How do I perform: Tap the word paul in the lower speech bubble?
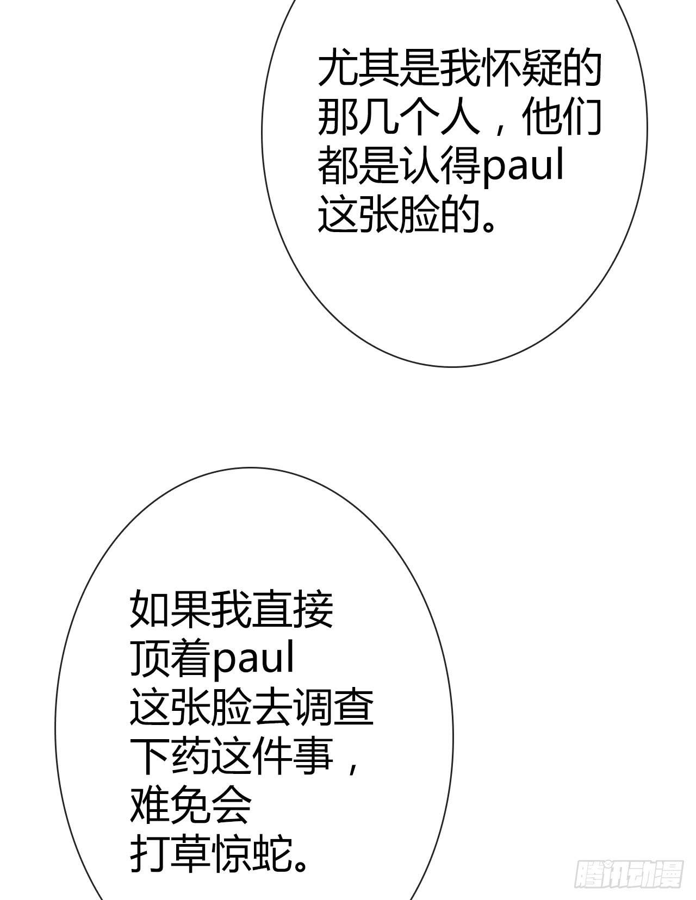point(253,659)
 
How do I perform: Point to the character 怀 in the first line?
point(500,70)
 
